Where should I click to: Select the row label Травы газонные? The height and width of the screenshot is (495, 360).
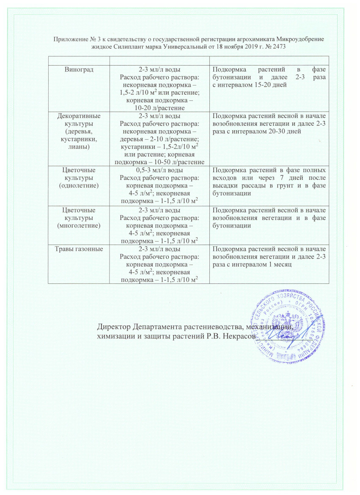(78, 249)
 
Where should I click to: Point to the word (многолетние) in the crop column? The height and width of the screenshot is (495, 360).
(78, 225)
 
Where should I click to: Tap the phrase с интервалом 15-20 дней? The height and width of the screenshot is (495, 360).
(247, 85)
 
